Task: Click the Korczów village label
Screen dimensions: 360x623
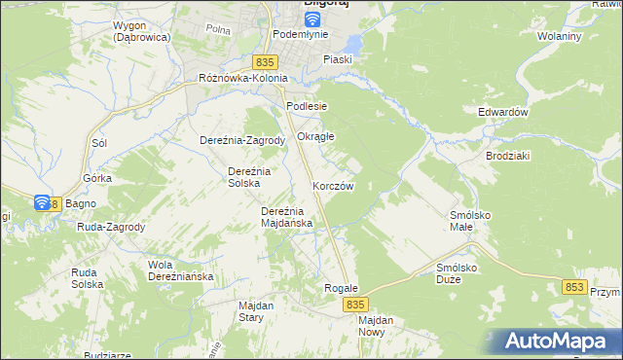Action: pos(332,185)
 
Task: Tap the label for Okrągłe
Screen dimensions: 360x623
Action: pos(315,136)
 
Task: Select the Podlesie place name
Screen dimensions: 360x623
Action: pos(306,106)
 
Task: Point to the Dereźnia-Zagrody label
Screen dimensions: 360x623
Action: pos(241,140)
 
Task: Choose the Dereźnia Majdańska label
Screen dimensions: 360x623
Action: pos(286,217)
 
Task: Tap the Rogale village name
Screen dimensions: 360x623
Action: pos(342,289)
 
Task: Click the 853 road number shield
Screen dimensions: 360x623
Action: pos(574,286)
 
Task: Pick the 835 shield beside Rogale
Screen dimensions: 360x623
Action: pos(355,305)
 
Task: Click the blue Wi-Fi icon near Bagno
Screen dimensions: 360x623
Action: pos(42,203)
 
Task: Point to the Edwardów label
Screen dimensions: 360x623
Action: pos(502,112)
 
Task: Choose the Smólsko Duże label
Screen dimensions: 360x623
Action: pos(460,272)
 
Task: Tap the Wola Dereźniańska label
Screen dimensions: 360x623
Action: pos(180,270)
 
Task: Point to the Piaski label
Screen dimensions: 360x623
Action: pos(338,59)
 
